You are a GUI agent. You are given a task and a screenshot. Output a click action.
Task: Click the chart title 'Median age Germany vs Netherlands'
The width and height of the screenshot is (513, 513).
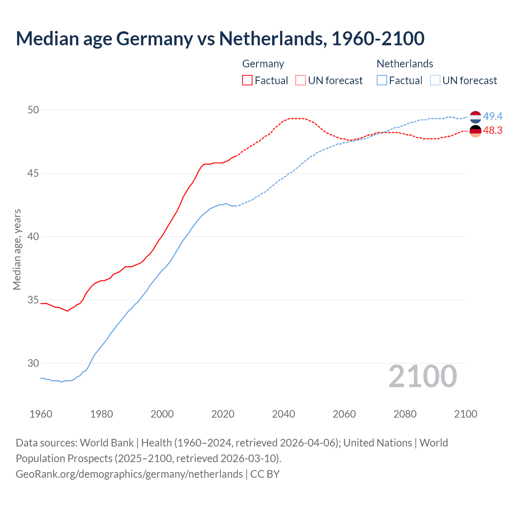pyautogui.click(x=220, y=39)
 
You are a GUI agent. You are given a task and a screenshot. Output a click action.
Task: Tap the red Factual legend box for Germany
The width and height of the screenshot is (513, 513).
pyautogui.click(x=247, y=80)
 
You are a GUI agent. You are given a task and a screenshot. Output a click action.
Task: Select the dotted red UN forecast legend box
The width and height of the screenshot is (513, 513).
pyautogui.click(x=301, y=80)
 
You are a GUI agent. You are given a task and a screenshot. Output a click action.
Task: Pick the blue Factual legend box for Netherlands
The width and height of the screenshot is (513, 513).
pyautogui.click(x=382, y=80)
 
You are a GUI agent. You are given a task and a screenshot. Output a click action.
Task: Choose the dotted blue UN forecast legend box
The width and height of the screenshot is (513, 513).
pyautogui.click(x=435, y=80)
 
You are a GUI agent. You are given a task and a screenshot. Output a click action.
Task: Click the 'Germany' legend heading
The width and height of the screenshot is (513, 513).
pyautogui.click(x=263, y=64)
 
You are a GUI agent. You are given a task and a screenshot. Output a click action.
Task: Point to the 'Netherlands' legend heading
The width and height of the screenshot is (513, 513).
pyautogui.click(x=405, y=64)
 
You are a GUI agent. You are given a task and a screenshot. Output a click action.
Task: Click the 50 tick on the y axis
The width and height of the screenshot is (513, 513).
pyautogui.click(x=33, y=110)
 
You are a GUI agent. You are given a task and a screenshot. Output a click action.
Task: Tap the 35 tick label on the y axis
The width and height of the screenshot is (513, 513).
pyautogui.click(x=33, y=300)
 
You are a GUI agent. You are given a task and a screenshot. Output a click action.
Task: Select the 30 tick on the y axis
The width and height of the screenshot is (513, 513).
pyautogui.click(x=33, y=363)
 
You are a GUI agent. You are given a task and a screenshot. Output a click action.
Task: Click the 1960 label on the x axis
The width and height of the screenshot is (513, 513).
pyautogui.click(x=41, y=414)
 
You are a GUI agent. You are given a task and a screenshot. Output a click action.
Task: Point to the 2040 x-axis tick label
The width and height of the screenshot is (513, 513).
pyautogui.click(x=283, y=414)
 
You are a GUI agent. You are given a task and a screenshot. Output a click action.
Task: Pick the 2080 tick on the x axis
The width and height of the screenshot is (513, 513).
pyautogui.click(x=405, y=414)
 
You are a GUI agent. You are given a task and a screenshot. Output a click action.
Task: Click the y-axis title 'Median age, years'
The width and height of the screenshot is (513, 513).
pyautogui.click(x=17, y=249)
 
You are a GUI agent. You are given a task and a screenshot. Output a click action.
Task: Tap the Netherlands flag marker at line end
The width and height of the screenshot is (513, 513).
pyautogui.click(x=475, y=117)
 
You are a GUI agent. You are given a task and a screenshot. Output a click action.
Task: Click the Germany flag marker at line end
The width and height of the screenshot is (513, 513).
pyautogui.click(x=475, y=131)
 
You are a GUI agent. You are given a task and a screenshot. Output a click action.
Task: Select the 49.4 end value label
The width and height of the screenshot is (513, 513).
pyautogui.click(x=493, y=116)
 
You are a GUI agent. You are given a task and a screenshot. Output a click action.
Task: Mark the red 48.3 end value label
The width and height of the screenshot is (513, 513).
pyautogui.click(x=493, y=131)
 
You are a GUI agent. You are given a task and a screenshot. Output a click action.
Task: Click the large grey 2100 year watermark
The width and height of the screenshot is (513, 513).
pyautogui.click(x=422, y=376)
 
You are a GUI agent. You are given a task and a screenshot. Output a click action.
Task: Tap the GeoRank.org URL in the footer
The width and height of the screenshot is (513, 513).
pyautogui.click(x=129, y=474)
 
